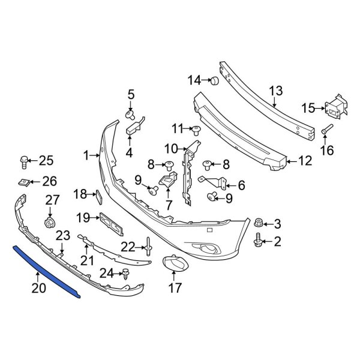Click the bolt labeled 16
[326, 129]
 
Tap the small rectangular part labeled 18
[100, 194]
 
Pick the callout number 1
[87, 155]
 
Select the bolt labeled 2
[260, 242]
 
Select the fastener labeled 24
[127, 274]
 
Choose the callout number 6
[241, 185]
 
